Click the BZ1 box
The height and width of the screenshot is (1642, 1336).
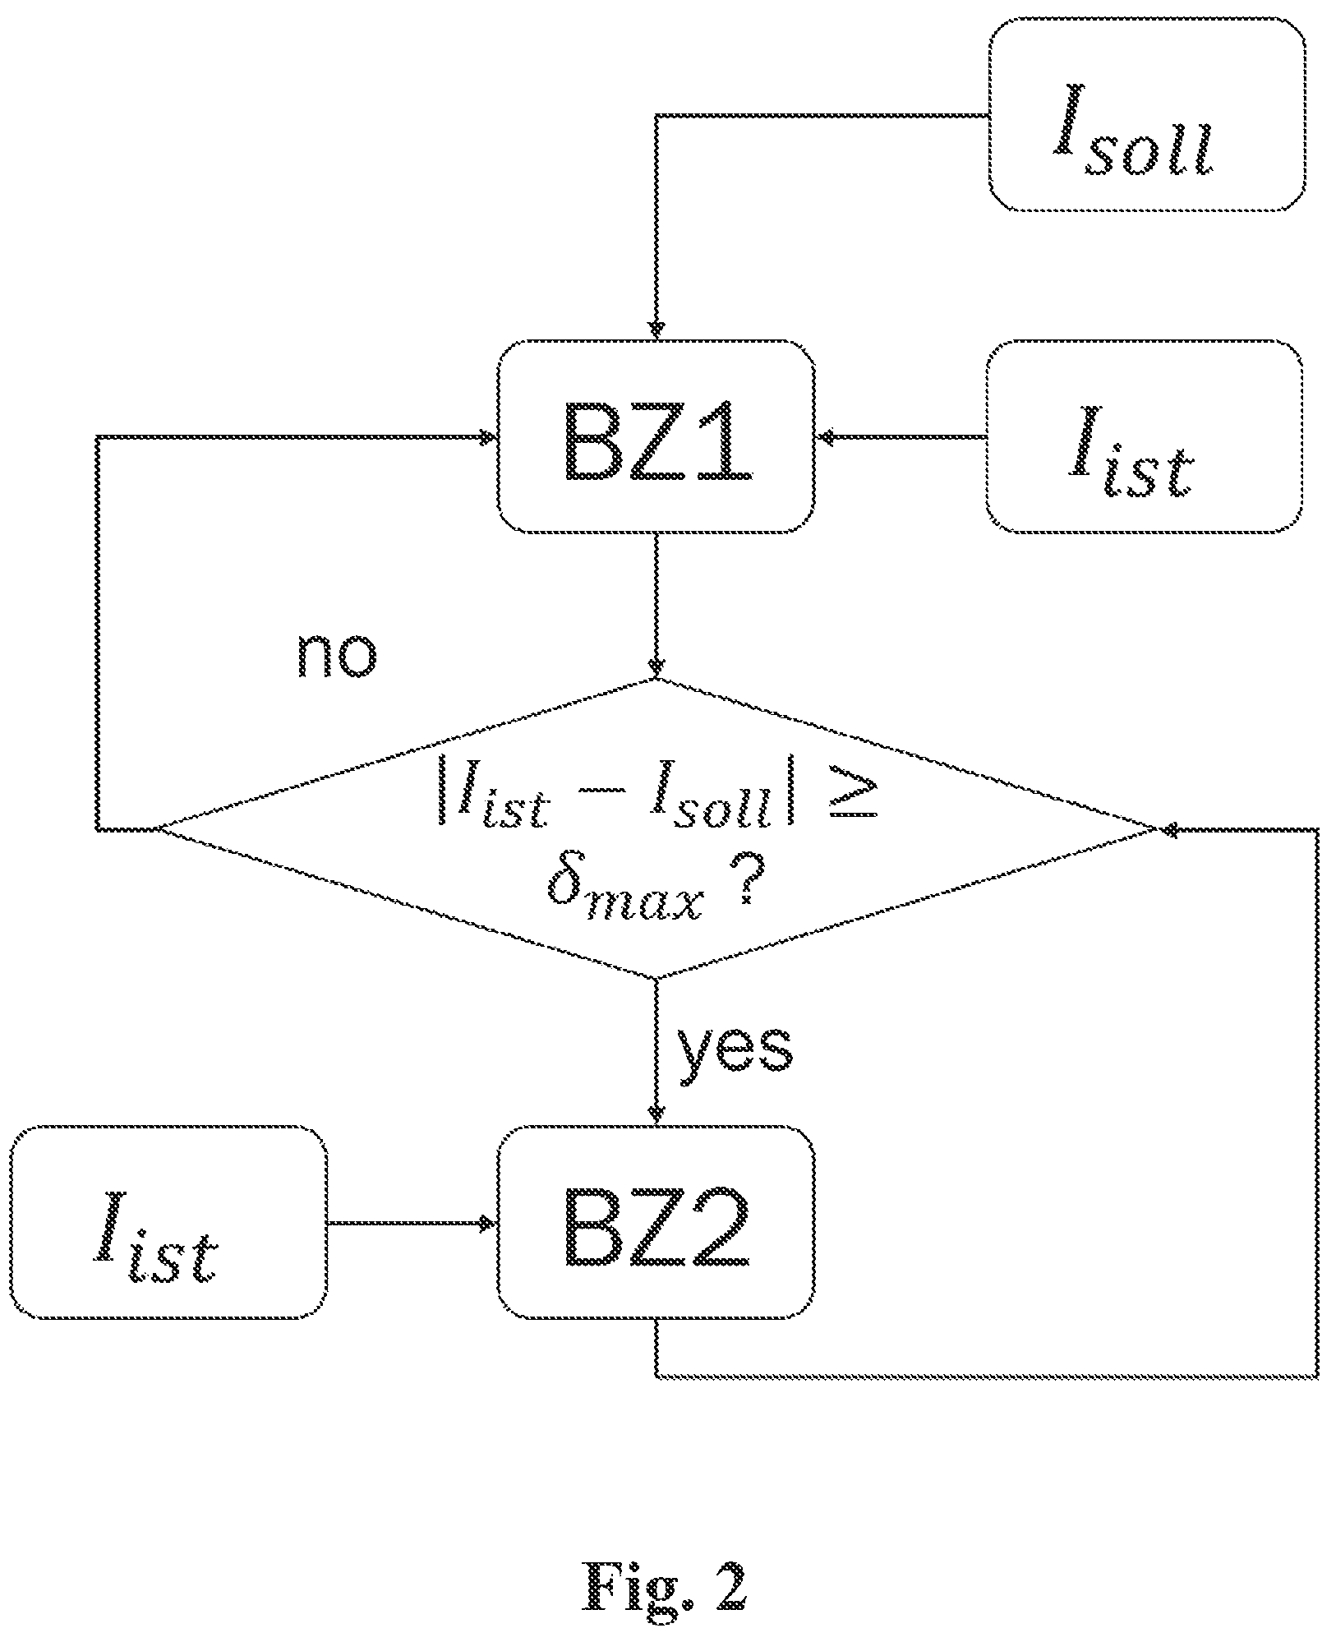pos(656,436)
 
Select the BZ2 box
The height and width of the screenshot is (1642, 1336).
pos(656,1223)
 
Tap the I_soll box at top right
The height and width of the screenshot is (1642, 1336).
pos(1147,115)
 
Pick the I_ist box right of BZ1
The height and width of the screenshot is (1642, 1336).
pos(1145,436)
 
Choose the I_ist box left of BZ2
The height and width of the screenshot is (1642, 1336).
pos(168,1223)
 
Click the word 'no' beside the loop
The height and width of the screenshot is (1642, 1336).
pos(337,655)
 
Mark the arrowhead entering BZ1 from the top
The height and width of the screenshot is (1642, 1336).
pos(656,330)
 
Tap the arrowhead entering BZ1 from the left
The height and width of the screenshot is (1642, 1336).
pos(488,436)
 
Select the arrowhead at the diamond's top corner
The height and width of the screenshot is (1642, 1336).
pos(656,669)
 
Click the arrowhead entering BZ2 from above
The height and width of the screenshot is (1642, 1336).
pos(656,1115)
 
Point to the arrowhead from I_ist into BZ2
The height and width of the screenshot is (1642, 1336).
pos(488,1223)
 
